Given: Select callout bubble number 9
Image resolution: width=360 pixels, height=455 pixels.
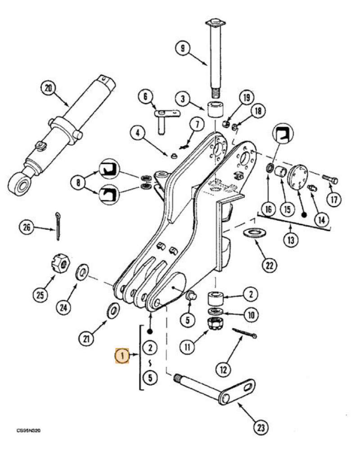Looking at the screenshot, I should [x=182, y=49].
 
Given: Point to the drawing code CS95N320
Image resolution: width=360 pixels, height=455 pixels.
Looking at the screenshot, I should [x=29, y=430].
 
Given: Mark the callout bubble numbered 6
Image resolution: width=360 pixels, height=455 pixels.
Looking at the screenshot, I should [x=145, y=96].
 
